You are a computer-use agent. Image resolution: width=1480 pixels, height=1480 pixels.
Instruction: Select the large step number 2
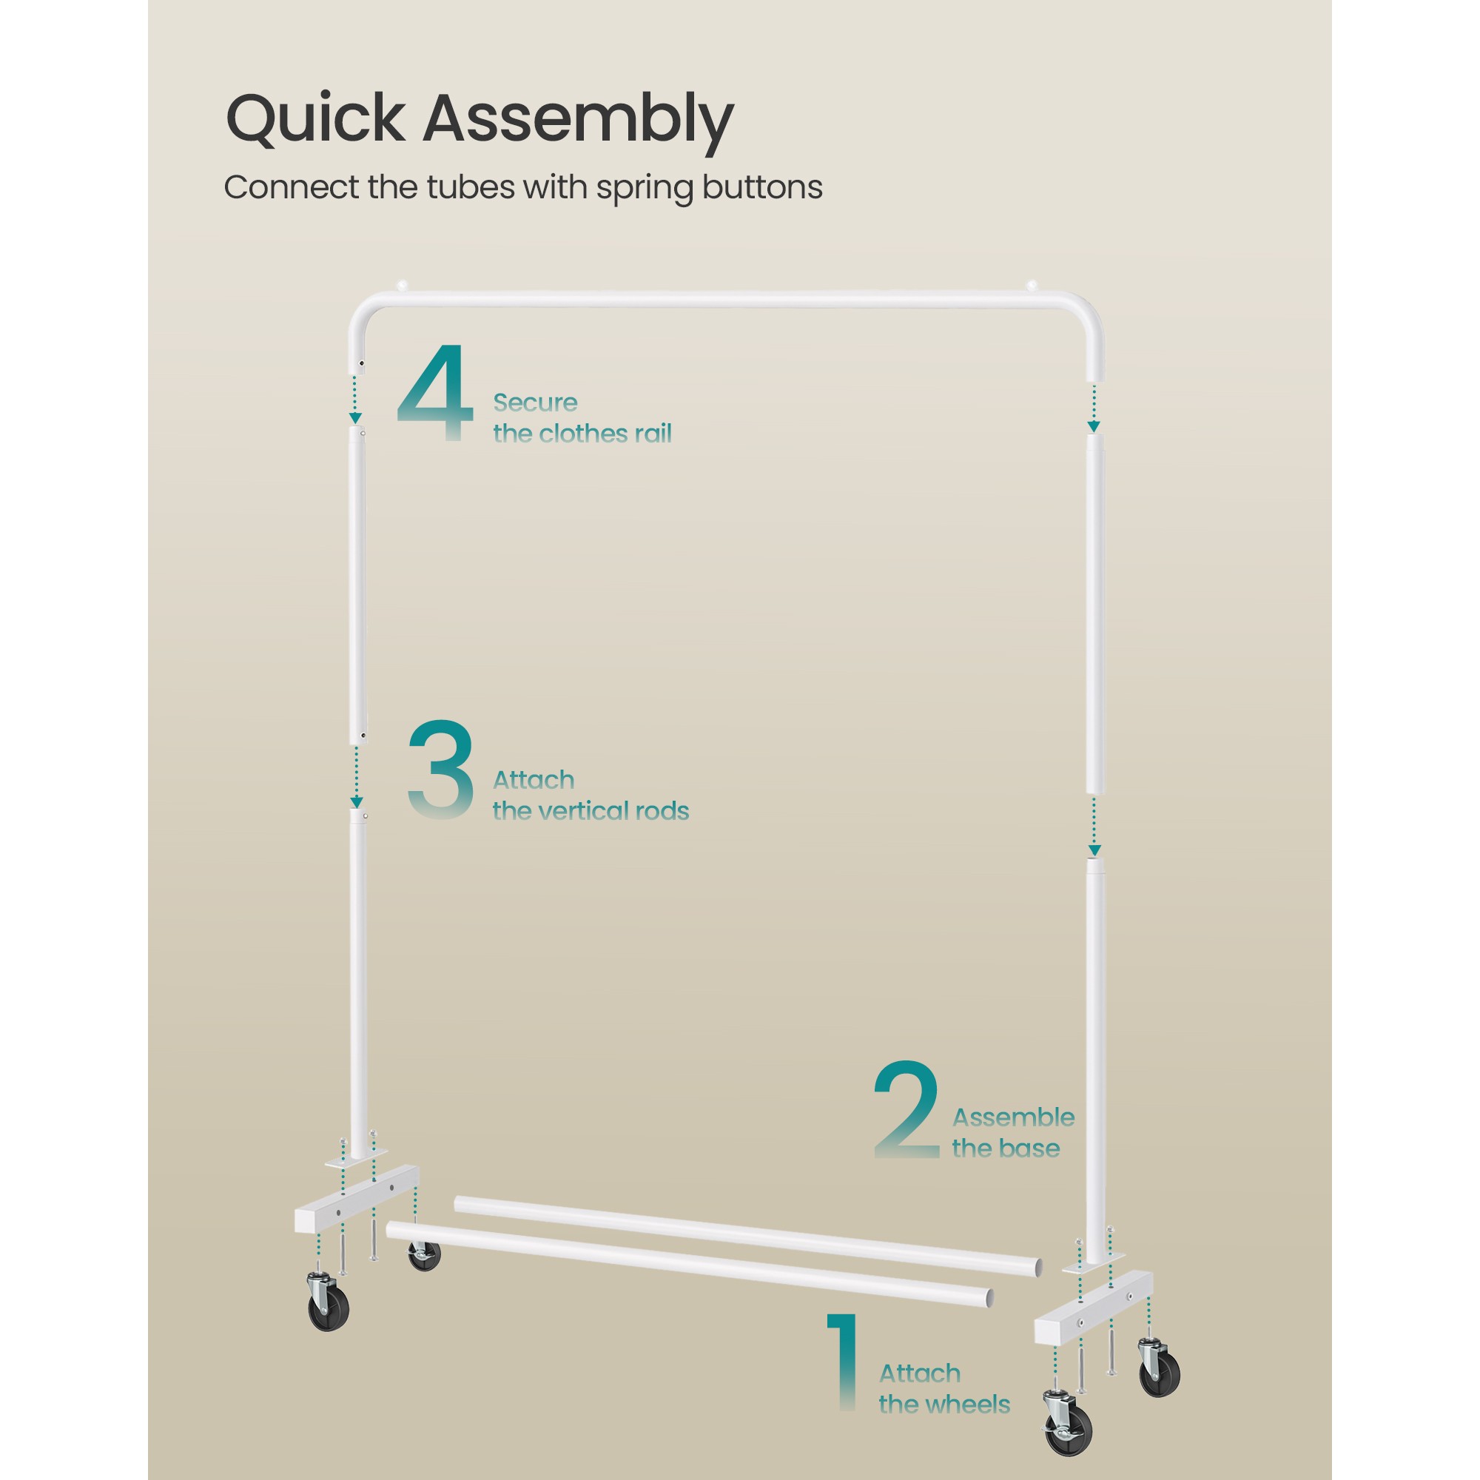[907, 1109]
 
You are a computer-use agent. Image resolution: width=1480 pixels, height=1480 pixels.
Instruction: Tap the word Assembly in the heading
[579, 123]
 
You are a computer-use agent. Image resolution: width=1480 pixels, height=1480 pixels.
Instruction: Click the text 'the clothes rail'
[582, 434]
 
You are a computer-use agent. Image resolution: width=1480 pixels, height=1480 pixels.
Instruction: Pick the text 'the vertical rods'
[591, 810]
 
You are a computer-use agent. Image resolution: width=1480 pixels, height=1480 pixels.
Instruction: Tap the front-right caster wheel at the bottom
[1068, 1424]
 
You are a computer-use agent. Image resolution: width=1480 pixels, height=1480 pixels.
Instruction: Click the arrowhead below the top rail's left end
[355, 417]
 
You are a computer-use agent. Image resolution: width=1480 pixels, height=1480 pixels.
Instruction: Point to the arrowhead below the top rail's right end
[1094, 427]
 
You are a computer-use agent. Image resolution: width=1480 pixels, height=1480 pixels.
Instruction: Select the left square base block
[356, 1199]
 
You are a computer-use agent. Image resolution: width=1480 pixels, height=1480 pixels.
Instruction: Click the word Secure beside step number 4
[535, 402]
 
